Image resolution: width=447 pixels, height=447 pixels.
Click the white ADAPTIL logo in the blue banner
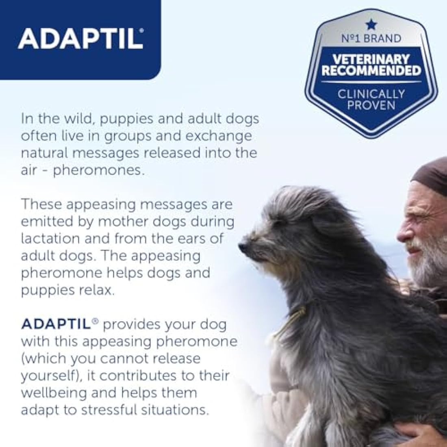pyautogui.click(x=80, y=39)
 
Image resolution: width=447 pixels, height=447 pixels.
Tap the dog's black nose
pyautogui.click(x=243, y=247)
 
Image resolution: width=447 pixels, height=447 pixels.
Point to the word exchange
pyautogui.click(x=220, y=136)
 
